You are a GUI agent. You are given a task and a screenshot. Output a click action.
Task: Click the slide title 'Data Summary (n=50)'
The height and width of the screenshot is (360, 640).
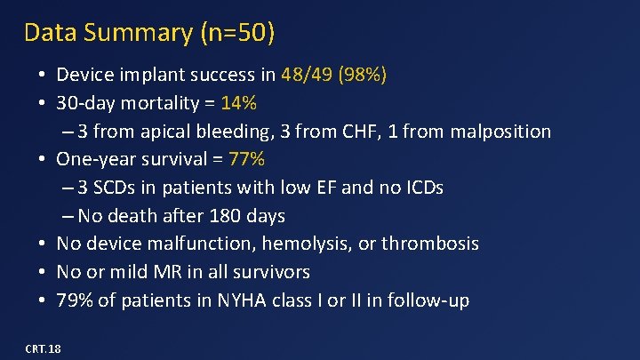coord(149,33)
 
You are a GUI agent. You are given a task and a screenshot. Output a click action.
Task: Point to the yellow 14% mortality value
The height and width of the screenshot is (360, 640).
coord(239,103)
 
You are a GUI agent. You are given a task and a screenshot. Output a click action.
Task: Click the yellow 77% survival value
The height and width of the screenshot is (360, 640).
coord(246,159)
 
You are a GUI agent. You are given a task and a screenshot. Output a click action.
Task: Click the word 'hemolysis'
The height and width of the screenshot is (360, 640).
coord(290,244)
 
